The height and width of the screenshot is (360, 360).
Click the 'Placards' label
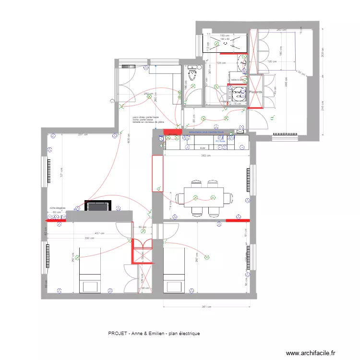pos(255,91)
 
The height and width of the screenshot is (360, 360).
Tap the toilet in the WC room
pos(192,75)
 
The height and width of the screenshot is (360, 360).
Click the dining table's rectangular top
pos(204,197)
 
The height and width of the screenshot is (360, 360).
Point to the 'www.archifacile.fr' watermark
pos(311,353)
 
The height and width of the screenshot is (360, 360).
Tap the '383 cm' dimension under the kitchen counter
pos(205,156)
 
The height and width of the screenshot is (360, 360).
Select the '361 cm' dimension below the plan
pos(206,307)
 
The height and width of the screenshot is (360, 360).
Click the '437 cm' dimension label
pos(98,234)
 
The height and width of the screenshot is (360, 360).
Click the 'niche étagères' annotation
pos(57,208)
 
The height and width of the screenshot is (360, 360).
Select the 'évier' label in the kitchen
pos(202,149)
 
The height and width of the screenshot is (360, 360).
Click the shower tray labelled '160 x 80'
pos(225,42)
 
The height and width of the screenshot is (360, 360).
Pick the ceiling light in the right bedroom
pos(207,258)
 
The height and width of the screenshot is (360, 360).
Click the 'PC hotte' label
pos(220,141)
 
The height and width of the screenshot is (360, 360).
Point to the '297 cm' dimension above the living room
pos(83,134)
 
